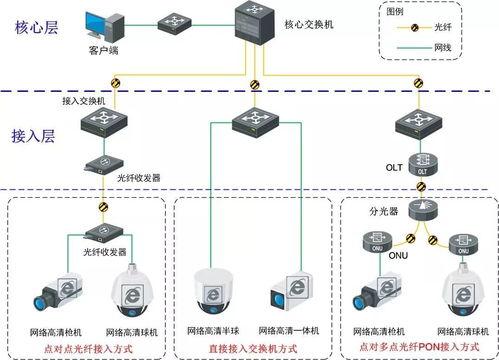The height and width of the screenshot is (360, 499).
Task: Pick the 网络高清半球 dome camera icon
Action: point(214,291)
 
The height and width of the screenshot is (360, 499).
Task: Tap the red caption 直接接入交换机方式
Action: point(253,347)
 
